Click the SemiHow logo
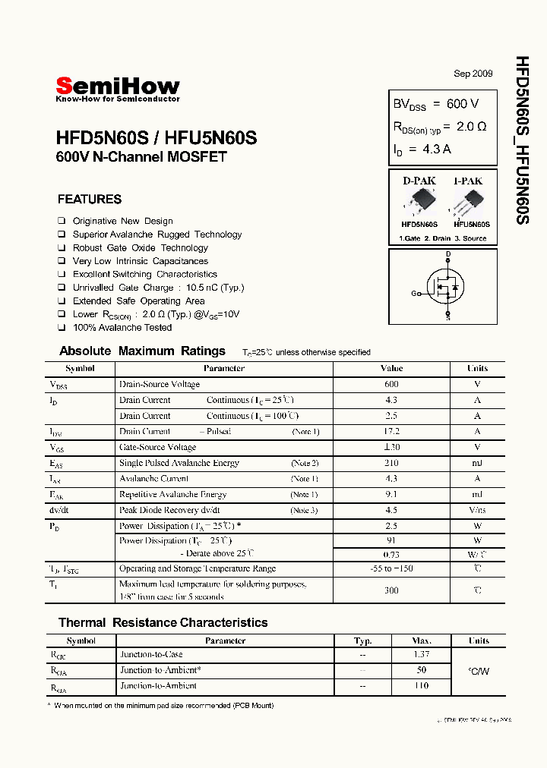(118, 88)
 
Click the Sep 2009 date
(473, 74)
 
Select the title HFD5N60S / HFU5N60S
(157, 139)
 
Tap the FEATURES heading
(89, 200)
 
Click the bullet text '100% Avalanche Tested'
(122, 328)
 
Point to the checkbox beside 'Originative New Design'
(62, 221)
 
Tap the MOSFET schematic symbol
(444, 287)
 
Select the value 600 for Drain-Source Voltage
(391, 384)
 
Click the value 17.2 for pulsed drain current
(391, 431)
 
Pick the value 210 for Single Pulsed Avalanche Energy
(391, 463)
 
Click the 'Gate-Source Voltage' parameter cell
(157, 447)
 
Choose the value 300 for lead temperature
(391, 590)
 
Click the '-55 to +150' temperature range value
(391, 568)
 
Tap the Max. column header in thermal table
(422, 641)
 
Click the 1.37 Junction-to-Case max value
(422, 654)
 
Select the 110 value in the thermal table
(422, 686)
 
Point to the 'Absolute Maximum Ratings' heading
(142, 351)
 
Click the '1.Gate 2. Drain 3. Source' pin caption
(443, 238)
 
